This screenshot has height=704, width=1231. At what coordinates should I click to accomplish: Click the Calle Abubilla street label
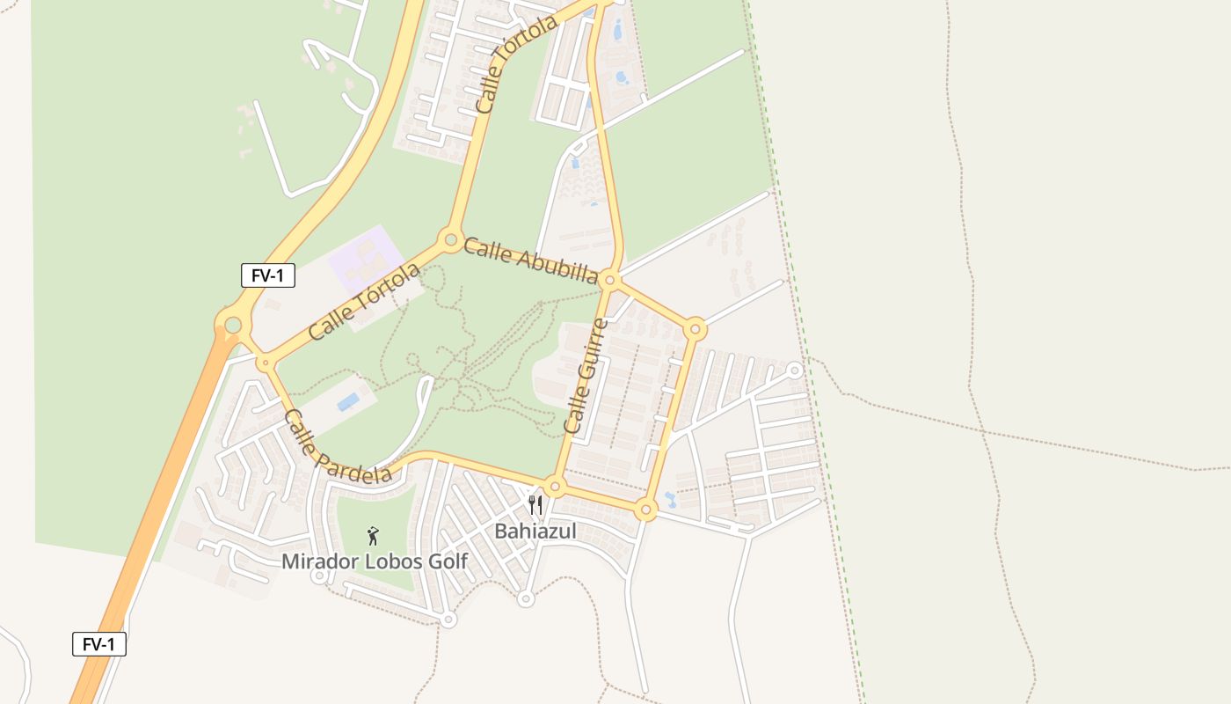pos(530,260)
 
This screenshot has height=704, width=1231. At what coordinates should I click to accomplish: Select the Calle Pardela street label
pos(338,447)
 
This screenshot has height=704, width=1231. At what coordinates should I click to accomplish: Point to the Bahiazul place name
pos(535,531)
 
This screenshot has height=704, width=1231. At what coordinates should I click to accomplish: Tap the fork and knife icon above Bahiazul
pos(535,505)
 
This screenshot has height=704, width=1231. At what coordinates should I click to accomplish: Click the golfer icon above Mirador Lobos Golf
pos(373,536)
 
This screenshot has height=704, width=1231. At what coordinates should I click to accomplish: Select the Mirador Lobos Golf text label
pos(375,561)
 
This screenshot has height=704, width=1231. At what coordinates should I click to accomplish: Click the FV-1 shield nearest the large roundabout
pos(267,275)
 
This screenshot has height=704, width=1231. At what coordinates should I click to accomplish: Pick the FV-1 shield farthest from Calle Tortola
pos(98,644)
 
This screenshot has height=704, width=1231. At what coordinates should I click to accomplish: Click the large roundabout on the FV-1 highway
pos(232,326)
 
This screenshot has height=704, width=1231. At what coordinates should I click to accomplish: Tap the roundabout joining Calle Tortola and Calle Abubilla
pos(451,238)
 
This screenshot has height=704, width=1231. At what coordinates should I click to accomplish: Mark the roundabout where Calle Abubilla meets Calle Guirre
pos(610,280)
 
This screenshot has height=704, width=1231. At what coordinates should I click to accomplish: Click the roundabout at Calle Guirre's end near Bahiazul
pos(555,486)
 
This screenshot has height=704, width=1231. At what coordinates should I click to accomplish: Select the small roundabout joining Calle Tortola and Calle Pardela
pos(265,362)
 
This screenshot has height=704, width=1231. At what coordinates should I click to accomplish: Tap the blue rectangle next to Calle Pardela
pos(348,402)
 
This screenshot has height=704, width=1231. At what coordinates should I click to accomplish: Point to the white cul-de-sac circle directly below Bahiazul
pos(526,599)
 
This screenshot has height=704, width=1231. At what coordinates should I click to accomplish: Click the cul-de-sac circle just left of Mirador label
pos(319,576)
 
